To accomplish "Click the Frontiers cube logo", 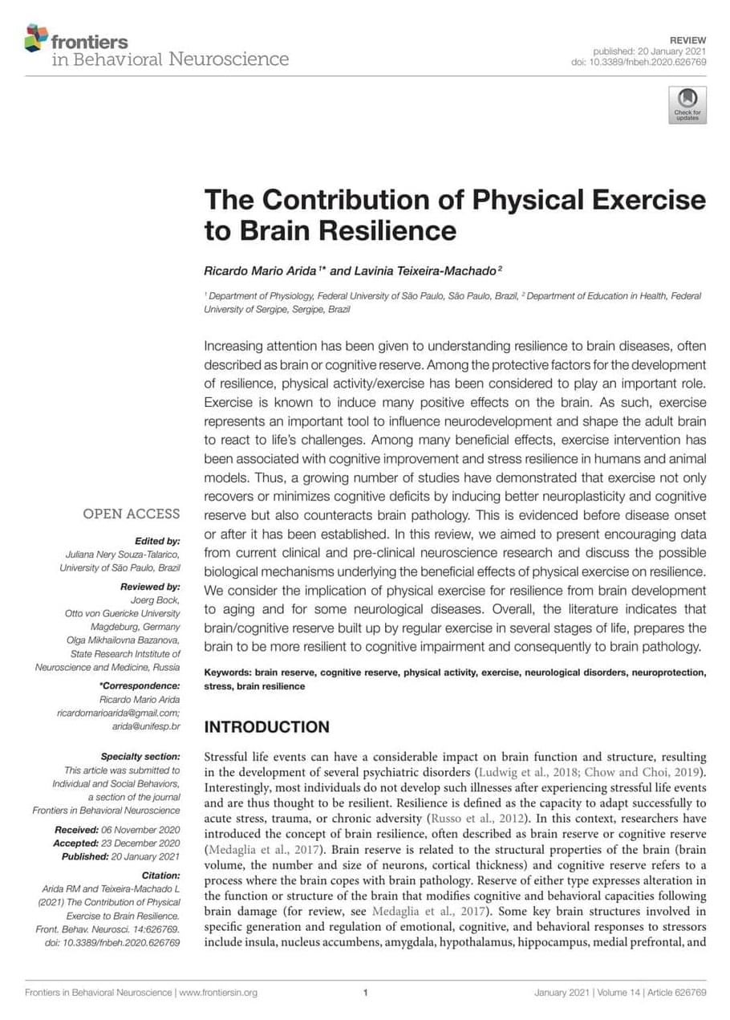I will click(x=37, y=37).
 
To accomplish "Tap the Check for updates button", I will click(x=687, y=105).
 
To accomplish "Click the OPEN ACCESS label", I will click(x=132, y=514).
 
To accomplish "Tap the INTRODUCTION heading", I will click(x=266, y=727).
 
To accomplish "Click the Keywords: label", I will click(x=228, y=673).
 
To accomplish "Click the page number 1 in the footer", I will click(x=365, y=993).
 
